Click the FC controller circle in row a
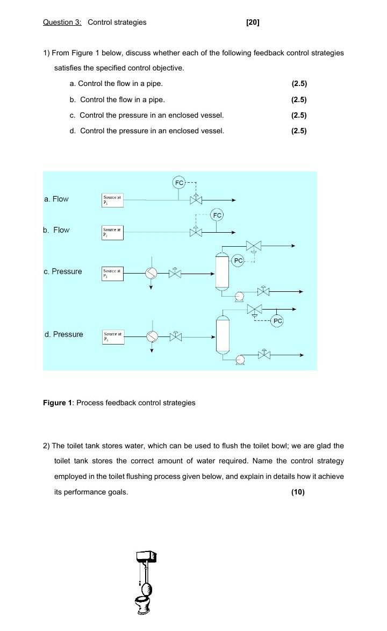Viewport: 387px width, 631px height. [x=179, y=183]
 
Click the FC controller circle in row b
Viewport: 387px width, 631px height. [x=217, y=216]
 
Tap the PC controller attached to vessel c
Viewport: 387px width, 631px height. [x=239, y=261]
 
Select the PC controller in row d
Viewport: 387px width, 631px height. [x=277, y=321]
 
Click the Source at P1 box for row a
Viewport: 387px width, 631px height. [x=113, y=200]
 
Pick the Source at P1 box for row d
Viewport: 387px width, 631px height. [x=113, y=336]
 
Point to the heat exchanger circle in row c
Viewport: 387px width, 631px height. [x=152, y=274]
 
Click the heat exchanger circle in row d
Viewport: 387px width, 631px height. [x=152, y=336]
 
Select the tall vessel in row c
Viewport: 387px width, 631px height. [x=222, y=272]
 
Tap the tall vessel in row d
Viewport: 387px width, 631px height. [x=223, y=334]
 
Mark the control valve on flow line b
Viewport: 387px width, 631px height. [x=196, y=232]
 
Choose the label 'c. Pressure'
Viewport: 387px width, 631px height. [x=63, y=271]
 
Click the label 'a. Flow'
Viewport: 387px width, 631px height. [x=56, y=199]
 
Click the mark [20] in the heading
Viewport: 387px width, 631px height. [x=253, y=22]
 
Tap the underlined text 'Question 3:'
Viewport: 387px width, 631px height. [x=62, y=22]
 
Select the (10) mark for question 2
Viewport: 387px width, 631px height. [x=298, y=492]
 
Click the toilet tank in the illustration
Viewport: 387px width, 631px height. [x=146, y=557]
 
